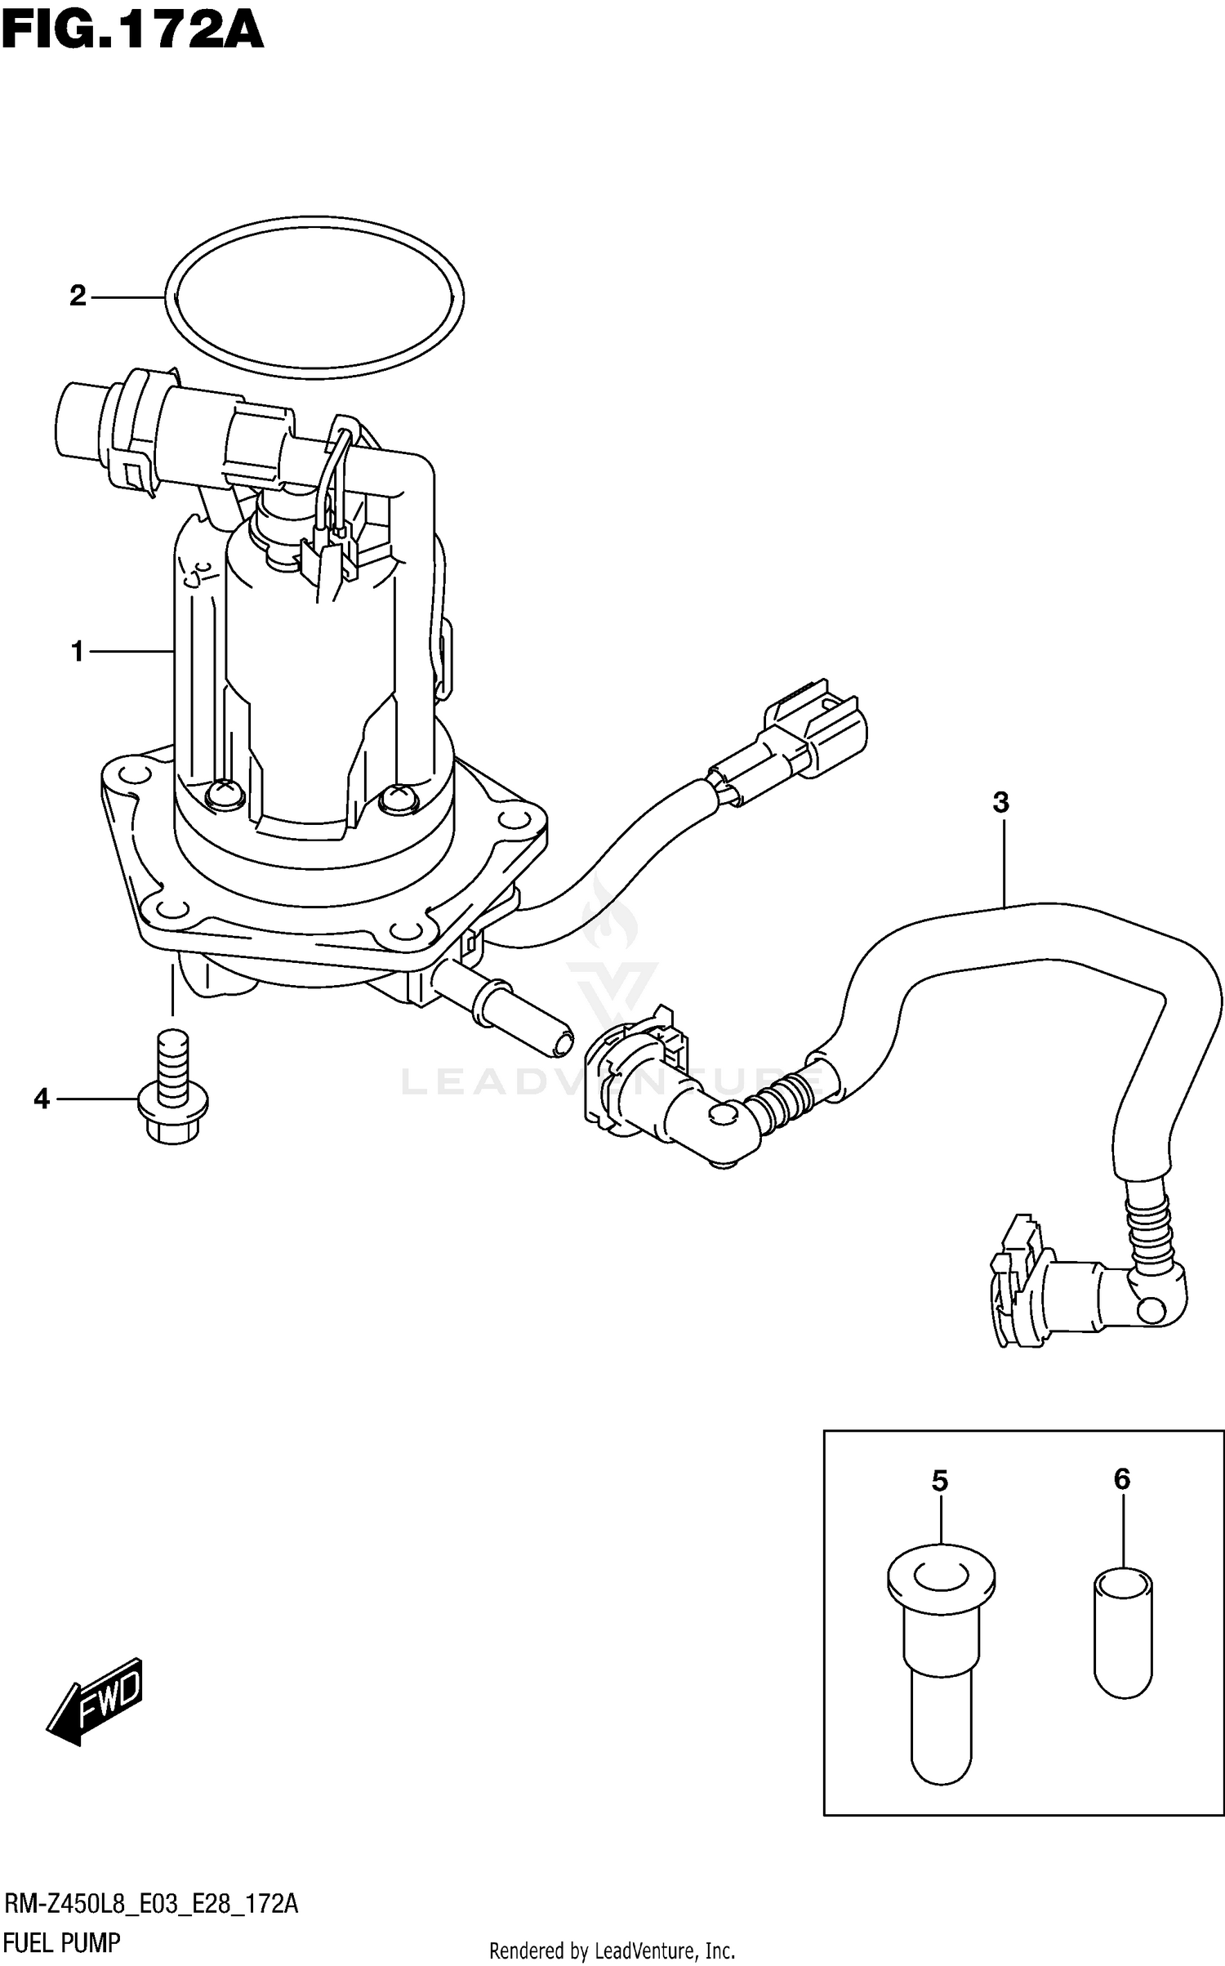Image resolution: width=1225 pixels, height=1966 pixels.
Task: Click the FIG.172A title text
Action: tap(132, 33)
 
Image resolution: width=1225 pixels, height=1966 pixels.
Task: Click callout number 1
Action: tap(78, 652)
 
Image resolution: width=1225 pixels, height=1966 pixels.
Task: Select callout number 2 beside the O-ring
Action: tap(78, 296)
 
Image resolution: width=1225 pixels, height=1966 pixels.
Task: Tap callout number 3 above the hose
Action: tap(1000, 803)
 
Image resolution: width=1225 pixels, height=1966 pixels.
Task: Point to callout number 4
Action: tap(42, 1099)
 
